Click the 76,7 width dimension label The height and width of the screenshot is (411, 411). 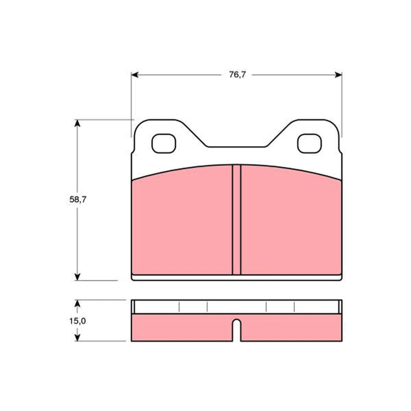pos(237,74)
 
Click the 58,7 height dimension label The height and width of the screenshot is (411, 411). pos(78,199)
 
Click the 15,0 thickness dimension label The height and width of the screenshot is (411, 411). pos(78,321)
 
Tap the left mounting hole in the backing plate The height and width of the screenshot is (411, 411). pos(163,144)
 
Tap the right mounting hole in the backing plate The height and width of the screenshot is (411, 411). pos(309,144)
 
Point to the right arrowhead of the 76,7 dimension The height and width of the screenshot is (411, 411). pos(339,75)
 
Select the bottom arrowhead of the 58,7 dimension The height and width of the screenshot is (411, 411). pos(77,277)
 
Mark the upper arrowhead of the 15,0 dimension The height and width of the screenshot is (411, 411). pos(77,304)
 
